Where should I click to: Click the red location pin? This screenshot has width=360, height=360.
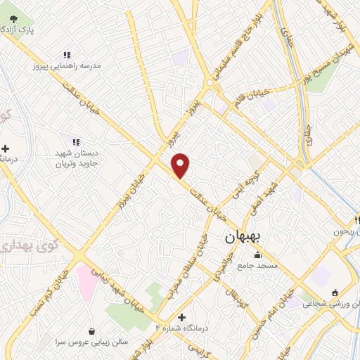(181, 165)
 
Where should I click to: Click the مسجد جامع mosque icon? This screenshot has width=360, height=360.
(257, 255)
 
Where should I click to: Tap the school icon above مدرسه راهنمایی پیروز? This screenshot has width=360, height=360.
(67, 54)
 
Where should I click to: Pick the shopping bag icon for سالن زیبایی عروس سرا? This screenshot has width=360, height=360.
(92, 330)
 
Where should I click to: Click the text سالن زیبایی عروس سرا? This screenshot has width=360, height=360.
(91, 342)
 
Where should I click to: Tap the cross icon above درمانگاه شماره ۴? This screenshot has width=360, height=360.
(182, 317)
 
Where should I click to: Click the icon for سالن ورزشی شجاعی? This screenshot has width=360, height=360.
(335, 293)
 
